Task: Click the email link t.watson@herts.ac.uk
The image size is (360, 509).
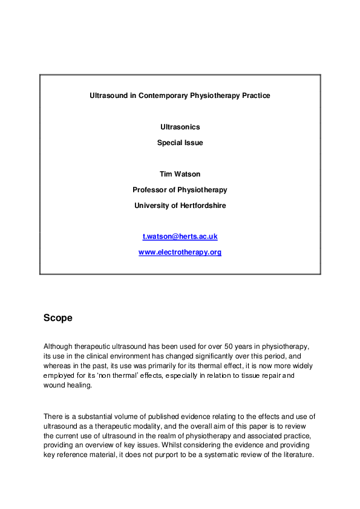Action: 180,236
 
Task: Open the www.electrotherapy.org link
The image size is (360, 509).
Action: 180,252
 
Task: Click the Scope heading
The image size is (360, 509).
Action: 58,317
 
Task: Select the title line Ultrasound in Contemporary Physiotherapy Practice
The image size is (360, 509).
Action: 180,96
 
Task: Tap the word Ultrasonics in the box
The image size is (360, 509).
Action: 180,127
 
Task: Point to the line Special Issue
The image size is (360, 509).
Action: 180,143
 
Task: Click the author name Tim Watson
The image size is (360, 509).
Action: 180,174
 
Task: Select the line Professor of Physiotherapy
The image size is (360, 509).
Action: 180,190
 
